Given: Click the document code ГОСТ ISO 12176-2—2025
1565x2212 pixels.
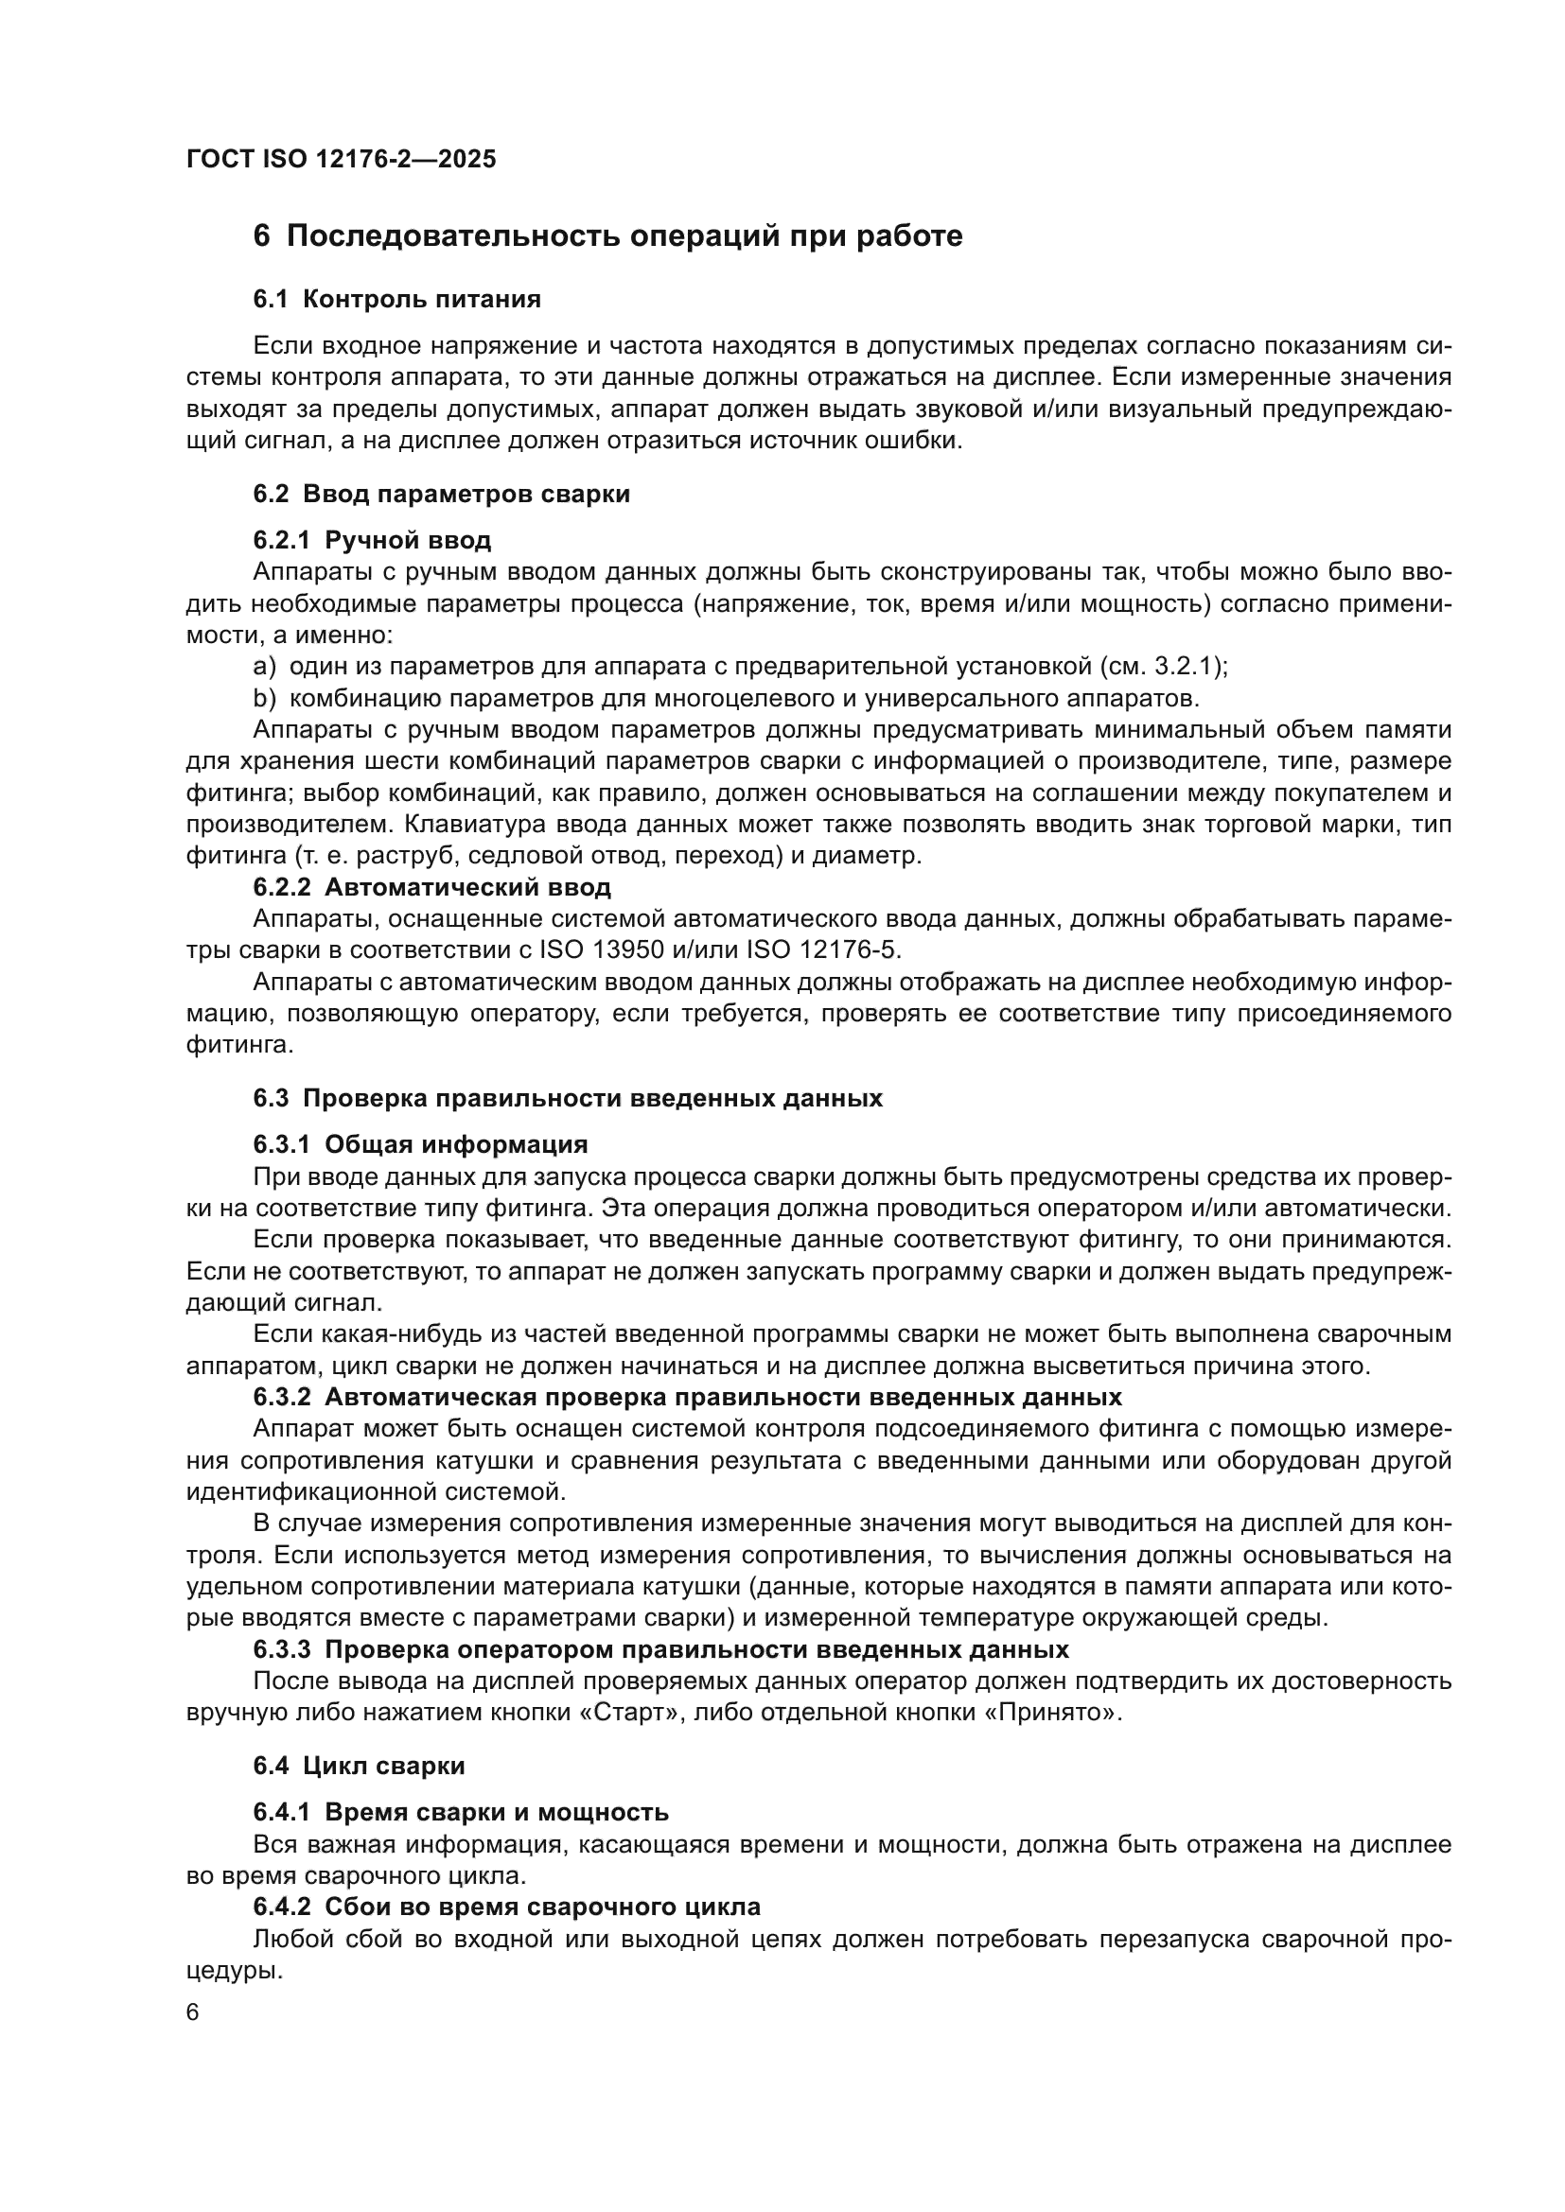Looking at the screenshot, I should [342, 159].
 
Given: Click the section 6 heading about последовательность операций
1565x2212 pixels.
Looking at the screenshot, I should [607, 236].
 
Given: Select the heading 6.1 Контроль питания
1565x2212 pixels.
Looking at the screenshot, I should [396, 299].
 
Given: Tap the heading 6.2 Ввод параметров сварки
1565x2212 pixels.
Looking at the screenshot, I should [441, 495].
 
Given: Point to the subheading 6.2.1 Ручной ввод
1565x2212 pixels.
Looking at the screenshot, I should [372, 539].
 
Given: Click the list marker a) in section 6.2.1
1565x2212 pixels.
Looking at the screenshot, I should [264, 666].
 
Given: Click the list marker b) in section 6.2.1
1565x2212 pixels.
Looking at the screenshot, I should [264, 698].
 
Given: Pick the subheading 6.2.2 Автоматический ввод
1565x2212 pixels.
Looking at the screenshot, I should [431, 886].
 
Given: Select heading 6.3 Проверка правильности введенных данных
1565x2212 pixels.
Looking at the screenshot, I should [568, 1098].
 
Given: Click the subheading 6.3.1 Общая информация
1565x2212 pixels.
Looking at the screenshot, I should [420, 1144].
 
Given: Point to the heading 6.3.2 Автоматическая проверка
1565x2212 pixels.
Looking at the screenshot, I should [687, 1397].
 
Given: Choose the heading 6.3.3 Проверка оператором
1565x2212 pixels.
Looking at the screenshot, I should [661, 1649].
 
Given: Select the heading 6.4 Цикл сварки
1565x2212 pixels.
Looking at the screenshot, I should [359, 1766].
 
